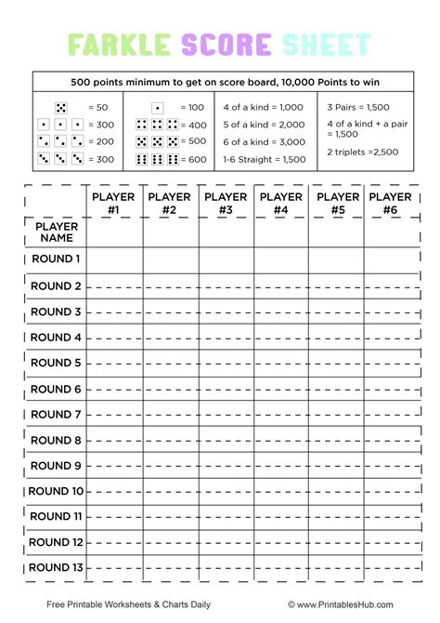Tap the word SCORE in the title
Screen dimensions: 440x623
[226, 44]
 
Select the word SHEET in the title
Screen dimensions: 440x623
[326, 44]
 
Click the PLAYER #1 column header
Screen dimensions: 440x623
[114, 204]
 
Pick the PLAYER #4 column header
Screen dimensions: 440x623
[281, 204]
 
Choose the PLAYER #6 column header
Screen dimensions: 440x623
[390, 204]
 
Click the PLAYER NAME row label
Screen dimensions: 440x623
[57, 232]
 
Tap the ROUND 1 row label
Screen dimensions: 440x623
[57, 259]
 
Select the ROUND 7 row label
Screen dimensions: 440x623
[57, 415]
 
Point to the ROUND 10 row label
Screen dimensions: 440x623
[56, 491]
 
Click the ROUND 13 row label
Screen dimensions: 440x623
[56, 568]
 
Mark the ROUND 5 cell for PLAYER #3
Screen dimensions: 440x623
[226, 363]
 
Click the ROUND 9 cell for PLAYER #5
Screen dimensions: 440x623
[338, 466]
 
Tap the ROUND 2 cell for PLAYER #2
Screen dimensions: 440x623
[170, 286]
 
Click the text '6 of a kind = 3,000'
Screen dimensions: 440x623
[264, 142]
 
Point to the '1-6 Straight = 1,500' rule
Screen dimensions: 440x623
[265, 160]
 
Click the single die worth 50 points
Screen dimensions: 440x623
[61, 108]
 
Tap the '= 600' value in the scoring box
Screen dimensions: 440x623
[194, 160]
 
